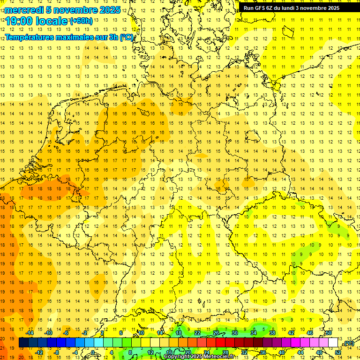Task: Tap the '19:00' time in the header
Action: (18, 21)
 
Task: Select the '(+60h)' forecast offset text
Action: (81, 21)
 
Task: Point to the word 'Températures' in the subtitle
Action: (27, 37)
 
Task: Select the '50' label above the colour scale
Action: (329, 333)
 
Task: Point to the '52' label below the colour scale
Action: (338, 352)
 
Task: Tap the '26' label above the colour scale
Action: (216, 333)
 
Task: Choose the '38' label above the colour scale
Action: (272, 333)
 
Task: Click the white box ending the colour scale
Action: (333, 343)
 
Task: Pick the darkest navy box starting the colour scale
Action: (23, 343)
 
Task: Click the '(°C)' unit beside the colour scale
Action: (348, 343)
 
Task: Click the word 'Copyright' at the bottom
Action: (177, 357)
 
